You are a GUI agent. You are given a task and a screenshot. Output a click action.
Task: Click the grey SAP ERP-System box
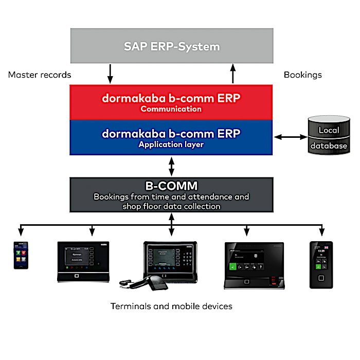coord(171,47)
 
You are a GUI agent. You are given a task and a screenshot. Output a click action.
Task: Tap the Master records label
coord(40,75)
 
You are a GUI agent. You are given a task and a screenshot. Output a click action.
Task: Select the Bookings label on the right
coord(302,75)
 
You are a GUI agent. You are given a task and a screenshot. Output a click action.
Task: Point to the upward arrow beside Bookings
coord(232,74)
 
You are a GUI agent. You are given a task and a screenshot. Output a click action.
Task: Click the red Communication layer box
coord(171,102)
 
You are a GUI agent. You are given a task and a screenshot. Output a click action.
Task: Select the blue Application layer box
coord(171,137)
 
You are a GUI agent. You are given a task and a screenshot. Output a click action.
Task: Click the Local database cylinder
coord(329,136)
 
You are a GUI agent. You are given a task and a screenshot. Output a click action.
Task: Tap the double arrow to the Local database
coord(291,137)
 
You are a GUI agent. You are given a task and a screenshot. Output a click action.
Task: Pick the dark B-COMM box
coord(171,194)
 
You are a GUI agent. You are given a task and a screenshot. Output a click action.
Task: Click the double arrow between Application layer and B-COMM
coord(171,166)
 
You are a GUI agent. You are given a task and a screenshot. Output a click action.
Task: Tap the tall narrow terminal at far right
coord(321,264)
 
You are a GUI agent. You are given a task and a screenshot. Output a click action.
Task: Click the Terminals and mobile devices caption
coord(171,307)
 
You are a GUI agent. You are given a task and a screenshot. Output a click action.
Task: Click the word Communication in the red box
coord(171,109)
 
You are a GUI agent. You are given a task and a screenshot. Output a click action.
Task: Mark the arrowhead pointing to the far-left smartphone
coord(21,231)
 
